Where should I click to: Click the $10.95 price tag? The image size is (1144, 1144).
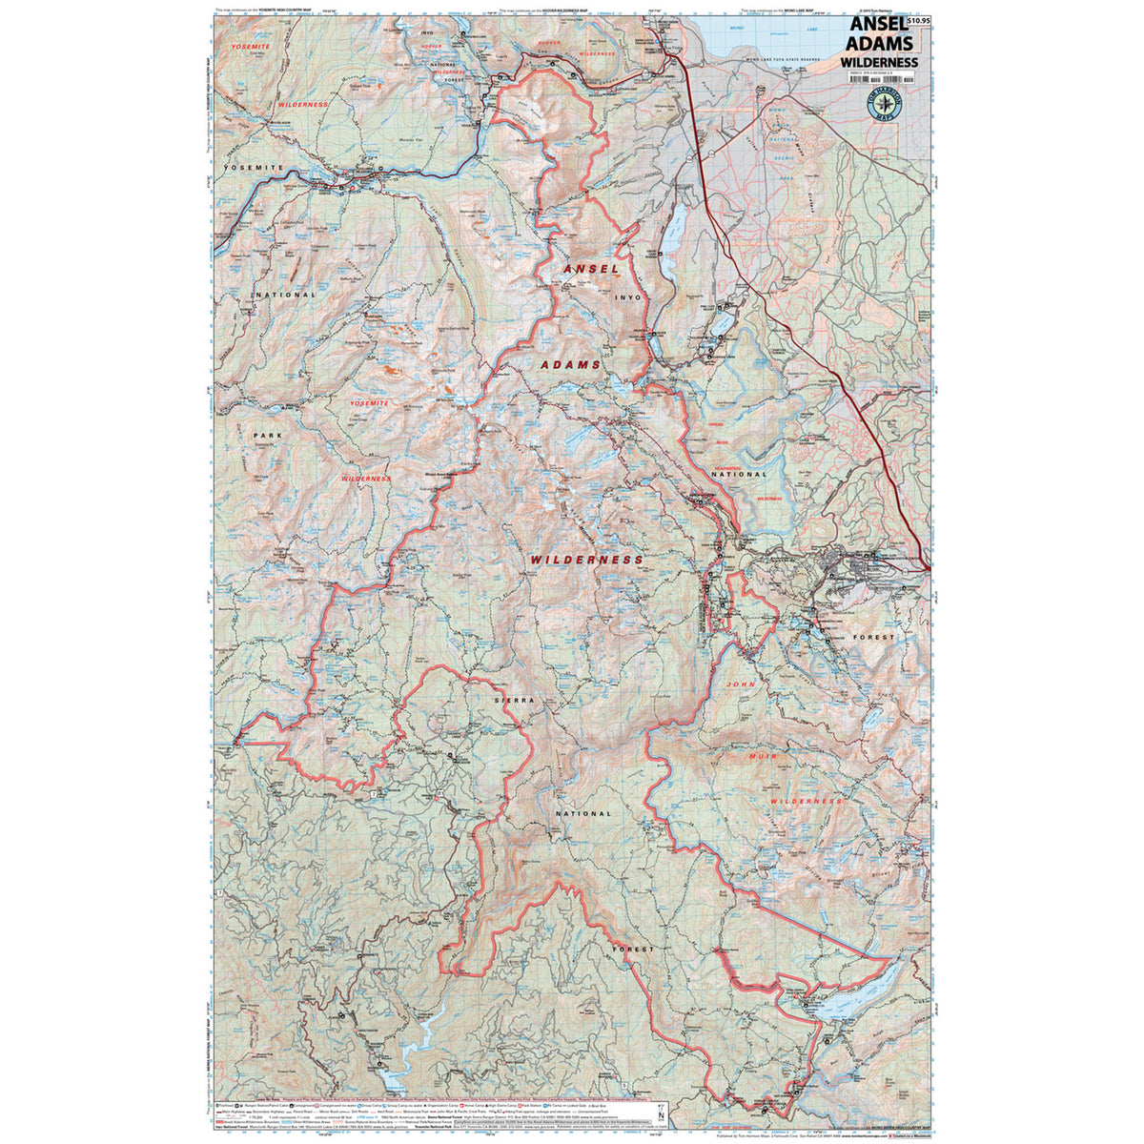click(918, 20)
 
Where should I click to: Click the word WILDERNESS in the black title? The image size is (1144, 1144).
click(879, 63)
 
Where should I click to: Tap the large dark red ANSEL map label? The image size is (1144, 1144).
click(591, 270)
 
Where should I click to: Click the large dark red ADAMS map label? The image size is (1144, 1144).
click(571, 365)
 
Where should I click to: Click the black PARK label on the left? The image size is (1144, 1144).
click(268, 435)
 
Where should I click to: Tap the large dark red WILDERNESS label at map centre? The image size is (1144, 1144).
click(586, 561)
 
